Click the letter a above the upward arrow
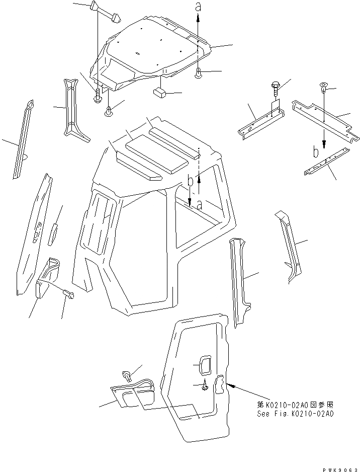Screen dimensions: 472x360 tap(198, 7)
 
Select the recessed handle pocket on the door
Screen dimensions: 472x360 tap(203, 365)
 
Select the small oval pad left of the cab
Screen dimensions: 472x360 tap(53, 234)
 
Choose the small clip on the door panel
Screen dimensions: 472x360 tap(205, 386)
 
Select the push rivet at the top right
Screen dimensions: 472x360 tap(323, 90)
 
